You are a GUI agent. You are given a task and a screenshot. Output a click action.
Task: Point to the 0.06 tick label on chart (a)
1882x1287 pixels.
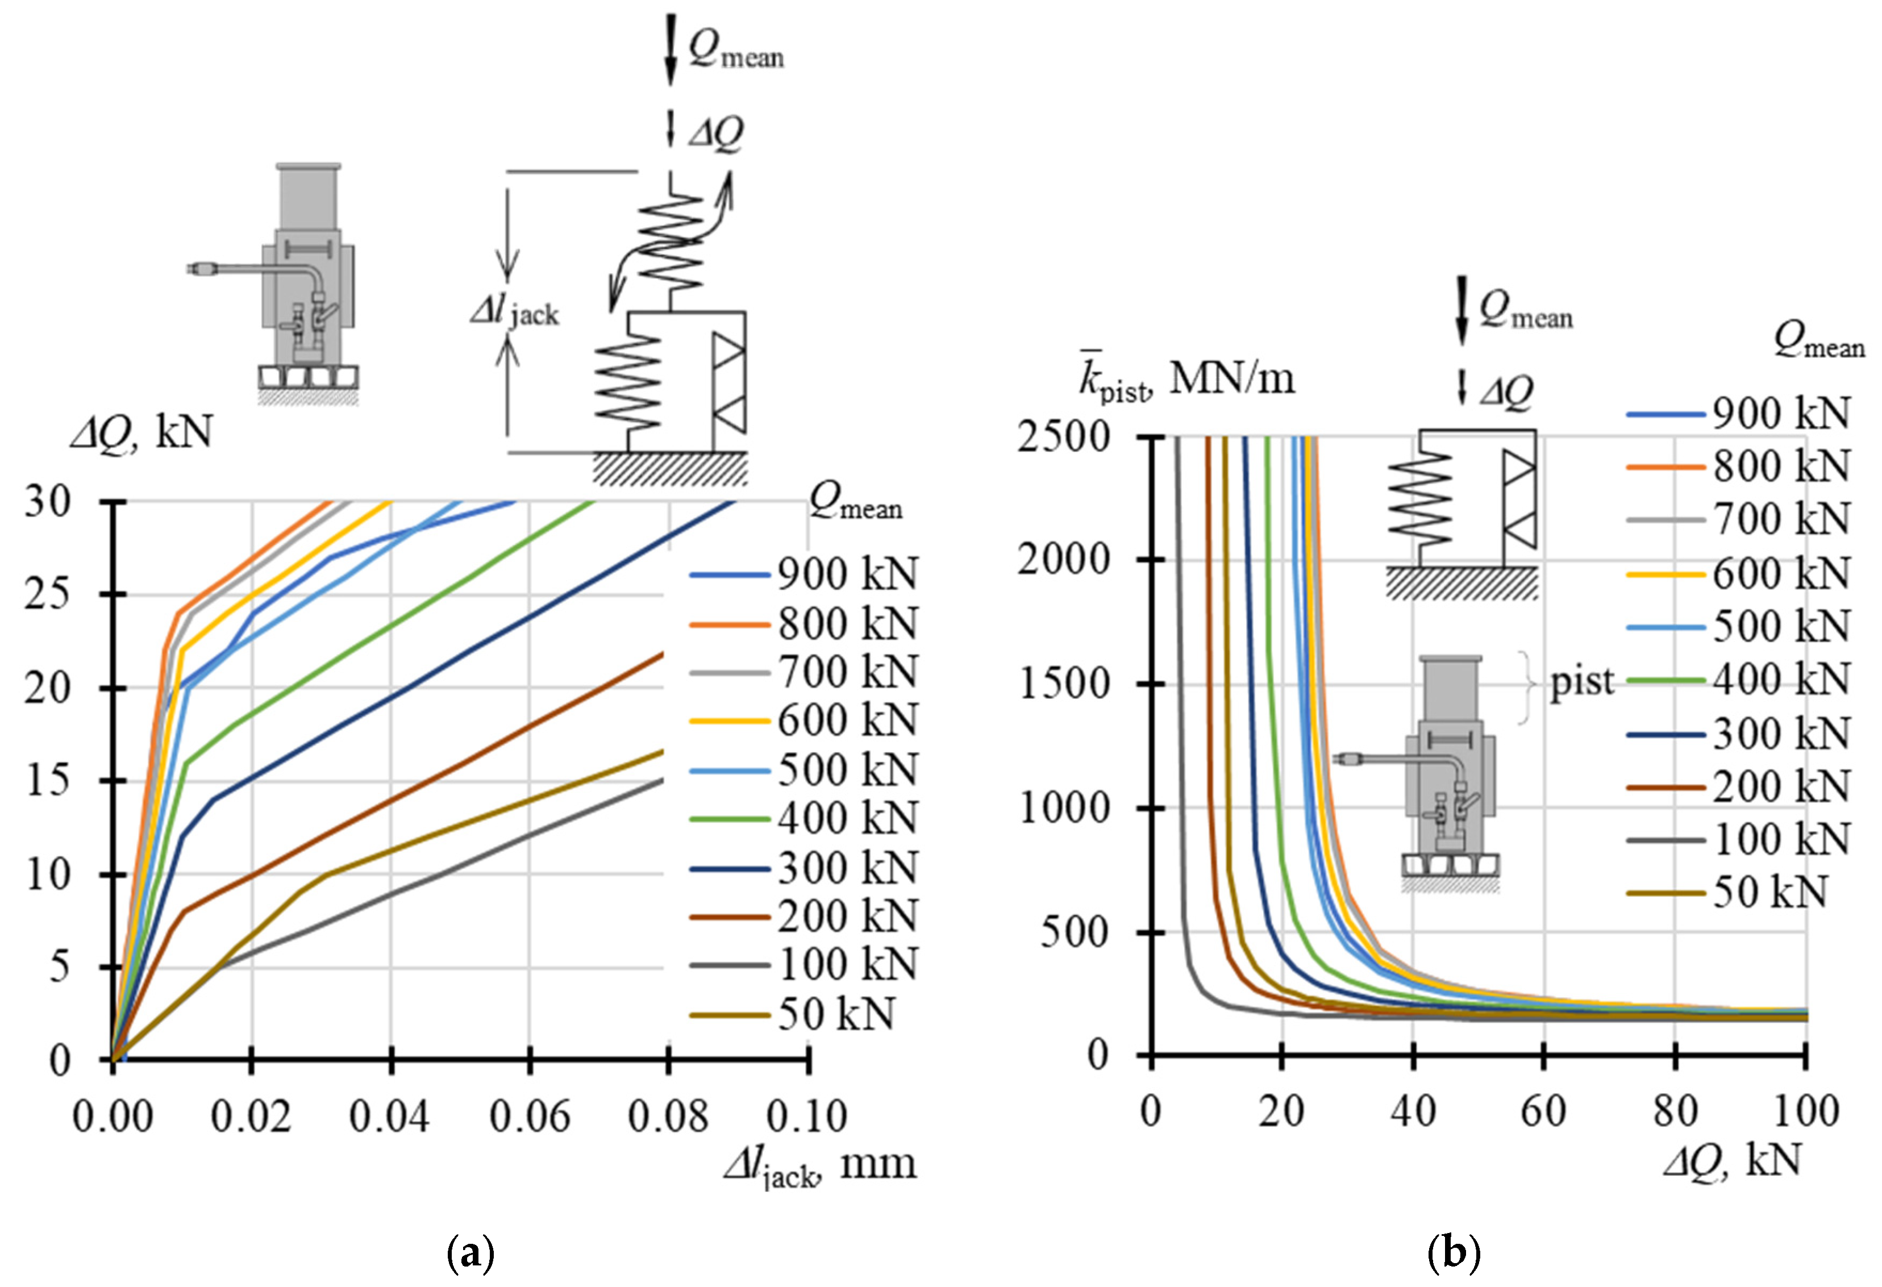tap(530, 1116)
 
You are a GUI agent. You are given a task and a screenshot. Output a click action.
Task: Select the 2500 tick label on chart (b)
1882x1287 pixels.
tap(1063, 438)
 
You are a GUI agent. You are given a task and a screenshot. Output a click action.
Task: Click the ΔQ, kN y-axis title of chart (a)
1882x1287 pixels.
tap(141, 434)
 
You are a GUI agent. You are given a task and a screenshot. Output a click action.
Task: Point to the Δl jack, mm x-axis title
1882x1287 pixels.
tap(819, 1167)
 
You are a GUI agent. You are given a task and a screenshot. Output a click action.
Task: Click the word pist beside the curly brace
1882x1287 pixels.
tap(1581, 682)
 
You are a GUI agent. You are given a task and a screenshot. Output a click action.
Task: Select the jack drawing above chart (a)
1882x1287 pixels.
tap(309, 284)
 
